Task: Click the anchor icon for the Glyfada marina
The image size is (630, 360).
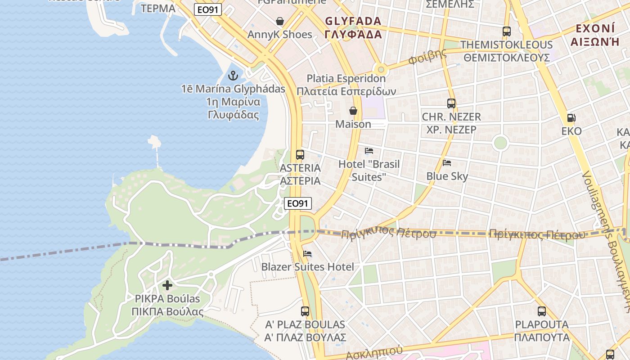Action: point(233,76)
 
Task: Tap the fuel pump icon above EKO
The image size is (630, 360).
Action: point(571,118)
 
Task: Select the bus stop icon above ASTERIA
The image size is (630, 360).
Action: point(300,155)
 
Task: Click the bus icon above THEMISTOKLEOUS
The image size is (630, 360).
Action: point(507,31)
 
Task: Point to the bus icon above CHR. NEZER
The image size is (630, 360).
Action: point(451,103)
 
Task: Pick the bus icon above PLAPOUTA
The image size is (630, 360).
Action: point(542,311)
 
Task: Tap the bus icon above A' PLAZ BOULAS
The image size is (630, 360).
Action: point(305,311)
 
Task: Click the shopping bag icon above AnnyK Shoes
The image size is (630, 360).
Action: point(280,21)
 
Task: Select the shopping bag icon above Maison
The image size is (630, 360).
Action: point(353,111)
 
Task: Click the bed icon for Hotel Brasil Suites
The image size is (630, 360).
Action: point(369,151)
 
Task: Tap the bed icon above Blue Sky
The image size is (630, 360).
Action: point(447,163)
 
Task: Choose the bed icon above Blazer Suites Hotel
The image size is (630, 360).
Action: point(308,254)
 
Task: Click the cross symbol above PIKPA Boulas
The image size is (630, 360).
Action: point(167,285)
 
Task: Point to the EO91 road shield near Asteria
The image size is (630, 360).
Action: point(298,203)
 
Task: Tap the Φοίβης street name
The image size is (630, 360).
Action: point(427,57)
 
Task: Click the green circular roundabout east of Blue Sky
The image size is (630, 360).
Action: point(500,144)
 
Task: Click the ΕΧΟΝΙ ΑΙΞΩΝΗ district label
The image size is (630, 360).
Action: point(595,35)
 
